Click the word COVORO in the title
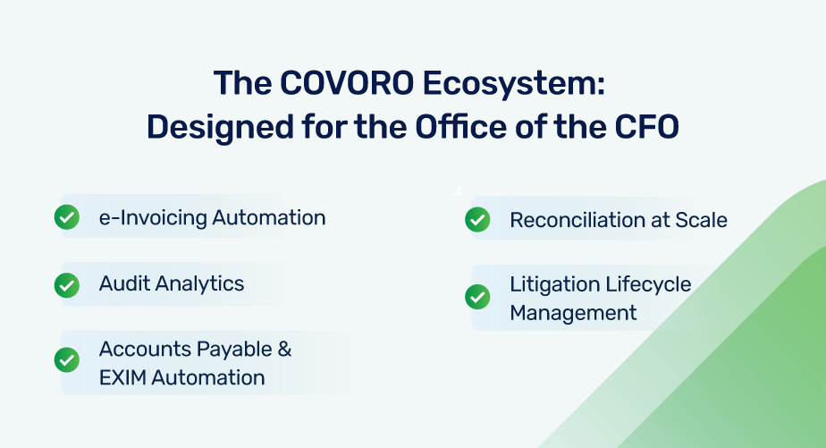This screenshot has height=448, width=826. [x=345, y=83]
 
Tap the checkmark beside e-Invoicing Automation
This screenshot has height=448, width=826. [x=67, y=217]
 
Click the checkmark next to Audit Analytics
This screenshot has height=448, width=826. [x=67, y=284]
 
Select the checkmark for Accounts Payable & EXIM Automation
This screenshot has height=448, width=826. [x=67, y=360]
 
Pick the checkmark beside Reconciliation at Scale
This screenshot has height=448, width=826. [x=477, y=220]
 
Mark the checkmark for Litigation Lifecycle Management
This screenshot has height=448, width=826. [x=477, y=297]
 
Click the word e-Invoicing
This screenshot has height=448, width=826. [x=153, y=217]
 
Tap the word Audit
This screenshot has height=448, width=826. [x=124, y=284]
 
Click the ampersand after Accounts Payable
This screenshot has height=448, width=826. [x=284, y=349]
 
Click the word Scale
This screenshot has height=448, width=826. [x=702, y=220]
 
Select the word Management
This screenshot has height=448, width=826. [x=573, y=313]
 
